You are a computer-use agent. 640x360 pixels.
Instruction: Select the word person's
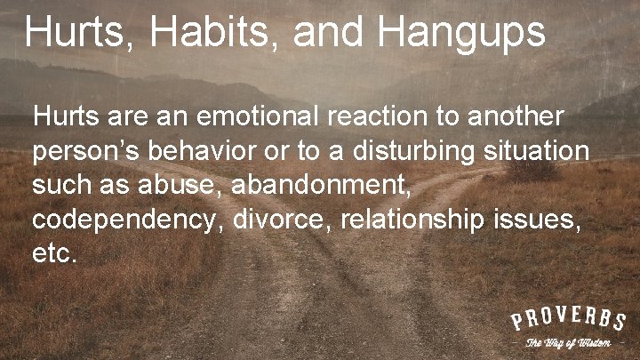click(86, 152)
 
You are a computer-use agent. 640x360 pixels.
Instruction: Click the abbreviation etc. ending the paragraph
click(54, 252)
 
